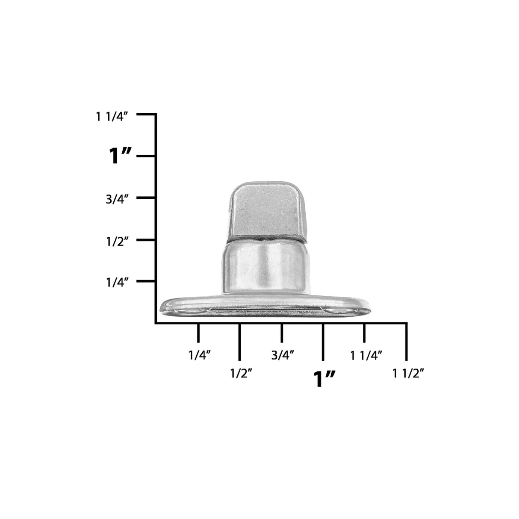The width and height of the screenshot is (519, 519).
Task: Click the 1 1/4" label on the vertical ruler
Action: (x=112, y=117)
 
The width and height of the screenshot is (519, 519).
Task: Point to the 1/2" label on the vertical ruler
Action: (x=117, y=242)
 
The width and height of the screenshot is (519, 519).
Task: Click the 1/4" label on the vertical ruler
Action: (x=117, y=283)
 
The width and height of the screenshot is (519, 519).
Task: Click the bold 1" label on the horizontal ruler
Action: (x=324, y=379)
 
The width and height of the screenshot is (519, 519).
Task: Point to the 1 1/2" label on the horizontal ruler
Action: (x=408, y=373)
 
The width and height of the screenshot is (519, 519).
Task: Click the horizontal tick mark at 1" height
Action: (x=146, y=156)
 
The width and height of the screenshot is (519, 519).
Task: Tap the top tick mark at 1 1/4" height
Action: (x=146, y=114)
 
